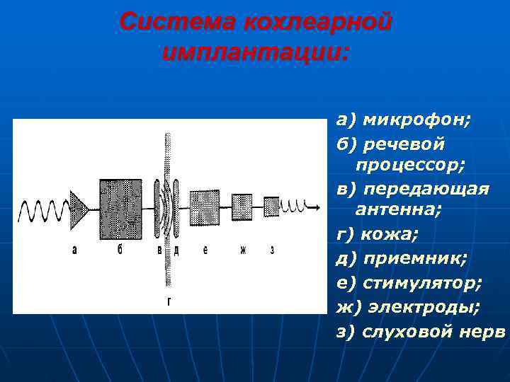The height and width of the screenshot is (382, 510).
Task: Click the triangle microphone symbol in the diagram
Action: pyautogui.click(x=77, y=207)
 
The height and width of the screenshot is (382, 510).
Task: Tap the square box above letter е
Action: pyautogui.click(x=205, y=207)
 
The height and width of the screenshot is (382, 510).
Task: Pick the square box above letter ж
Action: pyautogui.click(x=242, y=207)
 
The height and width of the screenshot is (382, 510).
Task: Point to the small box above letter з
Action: pyautogui.click(x=272, y=207)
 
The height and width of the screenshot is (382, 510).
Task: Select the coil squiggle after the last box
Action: pyautogui.click(x=291, y=206)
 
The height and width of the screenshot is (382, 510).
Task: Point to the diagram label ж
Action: pyautogui.click(x=242, y=250)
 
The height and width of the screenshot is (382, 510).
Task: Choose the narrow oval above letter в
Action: pyautogui.click(x=157, y=208)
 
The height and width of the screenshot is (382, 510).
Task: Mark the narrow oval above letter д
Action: pyautogui.click(x=176, y=208)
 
